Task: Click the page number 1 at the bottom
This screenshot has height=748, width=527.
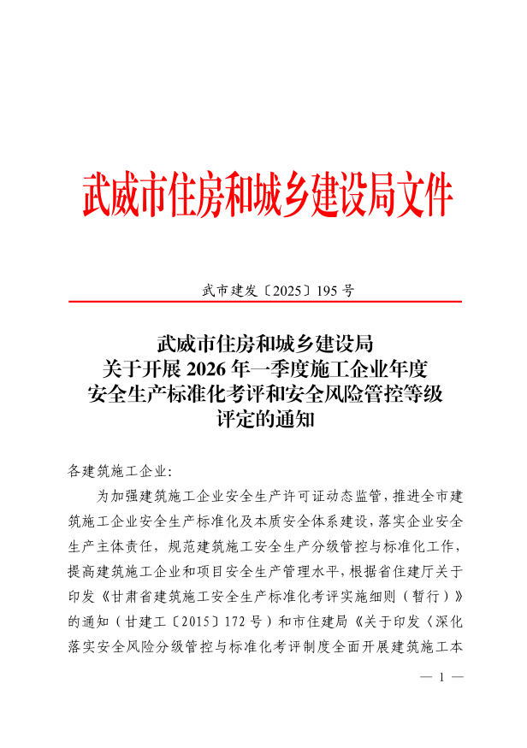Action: [x=442, y=678]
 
